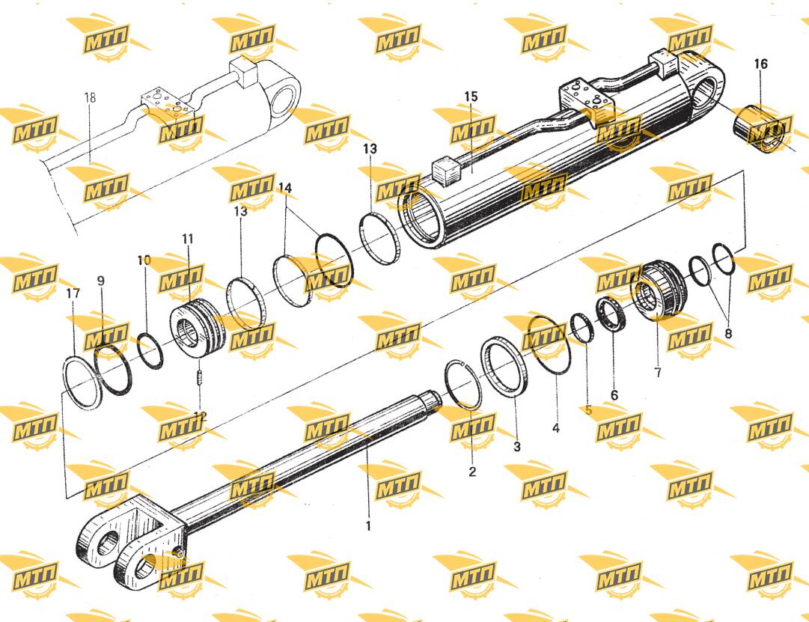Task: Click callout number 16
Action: pyautogui.click(x=760, y=64)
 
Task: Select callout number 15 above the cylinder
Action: pyautogui.click(x=471, y=97)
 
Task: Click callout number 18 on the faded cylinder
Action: pyautogui.click(x=90, y=97)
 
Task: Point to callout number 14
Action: pyautogui.click(x=285, y=188)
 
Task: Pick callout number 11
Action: pyautogui.click(x=187, y=239)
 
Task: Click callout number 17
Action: pyautogui.click(x=73, y=293)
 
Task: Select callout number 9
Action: pyautogui.click(x=100, y=281)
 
